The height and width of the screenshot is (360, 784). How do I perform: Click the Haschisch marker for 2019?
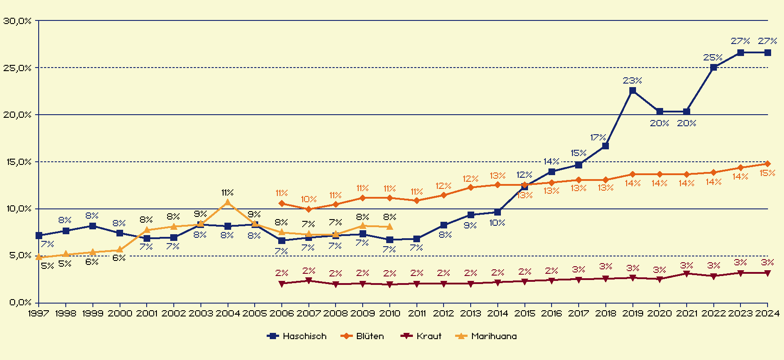coord(632,91)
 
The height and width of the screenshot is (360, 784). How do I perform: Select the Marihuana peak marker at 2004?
coord(228,202)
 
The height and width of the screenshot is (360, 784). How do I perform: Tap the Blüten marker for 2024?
coord(768,164)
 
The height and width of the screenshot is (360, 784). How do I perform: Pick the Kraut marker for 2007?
coord(308,281)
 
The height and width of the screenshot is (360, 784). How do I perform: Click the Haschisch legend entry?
coord(296,336)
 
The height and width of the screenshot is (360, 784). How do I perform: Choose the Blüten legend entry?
coord(362,336)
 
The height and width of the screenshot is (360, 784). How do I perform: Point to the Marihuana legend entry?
coord(486,336)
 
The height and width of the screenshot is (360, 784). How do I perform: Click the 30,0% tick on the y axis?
coord(17,20)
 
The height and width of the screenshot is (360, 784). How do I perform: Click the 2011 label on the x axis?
coord(416,313)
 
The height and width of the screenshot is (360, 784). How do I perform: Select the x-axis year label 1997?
coord(39,313)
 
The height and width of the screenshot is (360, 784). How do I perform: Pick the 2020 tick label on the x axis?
coord(660,313)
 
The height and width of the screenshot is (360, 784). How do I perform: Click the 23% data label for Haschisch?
coord(632,80)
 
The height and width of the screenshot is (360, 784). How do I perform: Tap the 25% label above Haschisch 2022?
coord(713,57)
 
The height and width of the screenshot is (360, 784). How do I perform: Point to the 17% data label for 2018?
coord(598,137)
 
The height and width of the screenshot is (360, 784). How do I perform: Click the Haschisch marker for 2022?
coord(713,68)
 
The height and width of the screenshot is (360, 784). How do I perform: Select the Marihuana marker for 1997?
coord(39,257)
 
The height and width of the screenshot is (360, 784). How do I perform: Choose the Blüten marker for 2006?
coord(282,204)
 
